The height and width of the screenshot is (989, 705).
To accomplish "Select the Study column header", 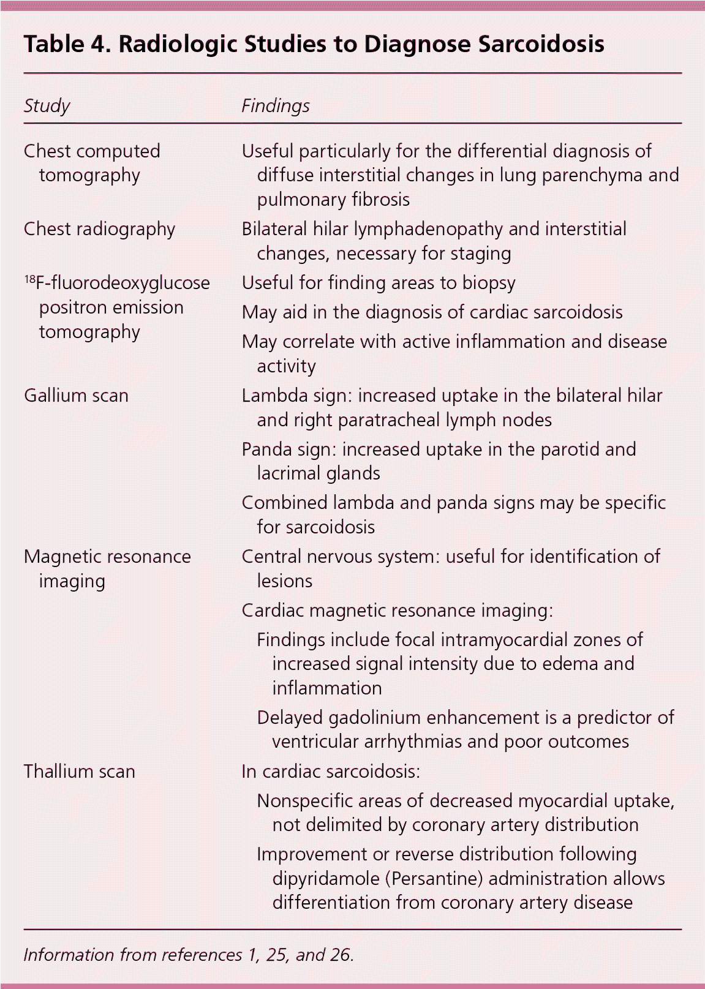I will tap(47, 106).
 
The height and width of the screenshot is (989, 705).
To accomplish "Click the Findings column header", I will tap(275, 106).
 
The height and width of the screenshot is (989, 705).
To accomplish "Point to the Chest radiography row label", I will tap(99, 229).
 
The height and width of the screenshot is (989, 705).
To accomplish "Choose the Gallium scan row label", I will tap(76, 396).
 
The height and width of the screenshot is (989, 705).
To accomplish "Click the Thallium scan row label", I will tap(79, 771).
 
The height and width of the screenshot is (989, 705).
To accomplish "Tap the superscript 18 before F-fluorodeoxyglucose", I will tap(29, 279).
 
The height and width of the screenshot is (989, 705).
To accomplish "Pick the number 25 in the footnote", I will tap(277, 955).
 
